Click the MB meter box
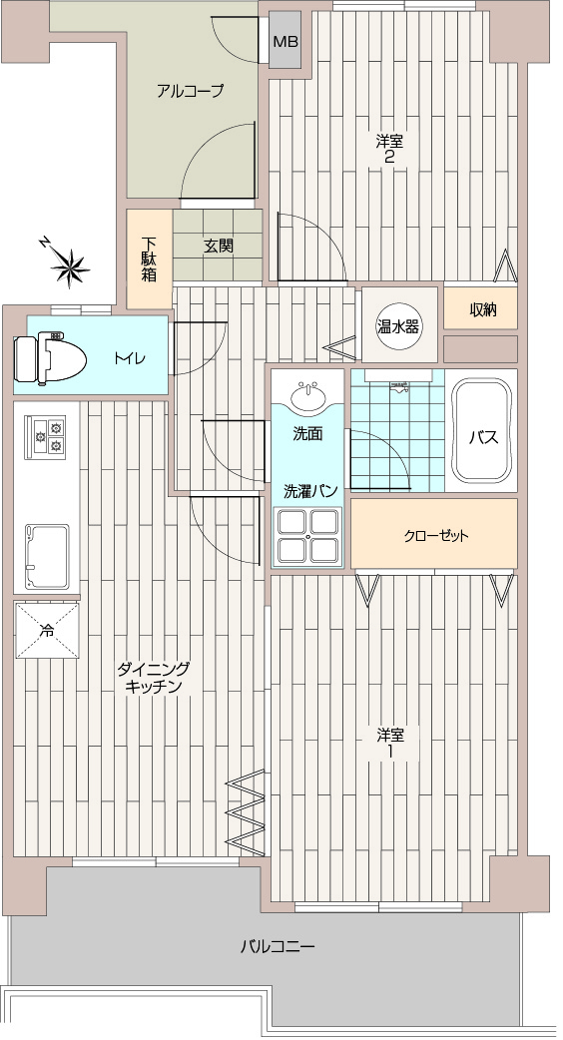(285, 41)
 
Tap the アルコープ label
(189, 91)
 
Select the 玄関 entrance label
(219, 247)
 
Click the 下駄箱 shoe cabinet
(149, 259)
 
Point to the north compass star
(70, 267)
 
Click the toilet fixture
(50, 358)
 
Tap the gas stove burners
(45, 437)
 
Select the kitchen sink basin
(47, 556)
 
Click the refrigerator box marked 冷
(47, 630)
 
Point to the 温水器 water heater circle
(398, 325)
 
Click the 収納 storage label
(483, 309)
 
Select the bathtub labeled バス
(483, 430)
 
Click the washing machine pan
(308, 536)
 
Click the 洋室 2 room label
(390, 149)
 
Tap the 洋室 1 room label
(391, 744)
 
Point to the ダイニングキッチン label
(153, 677)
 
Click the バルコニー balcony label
(278, 946)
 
